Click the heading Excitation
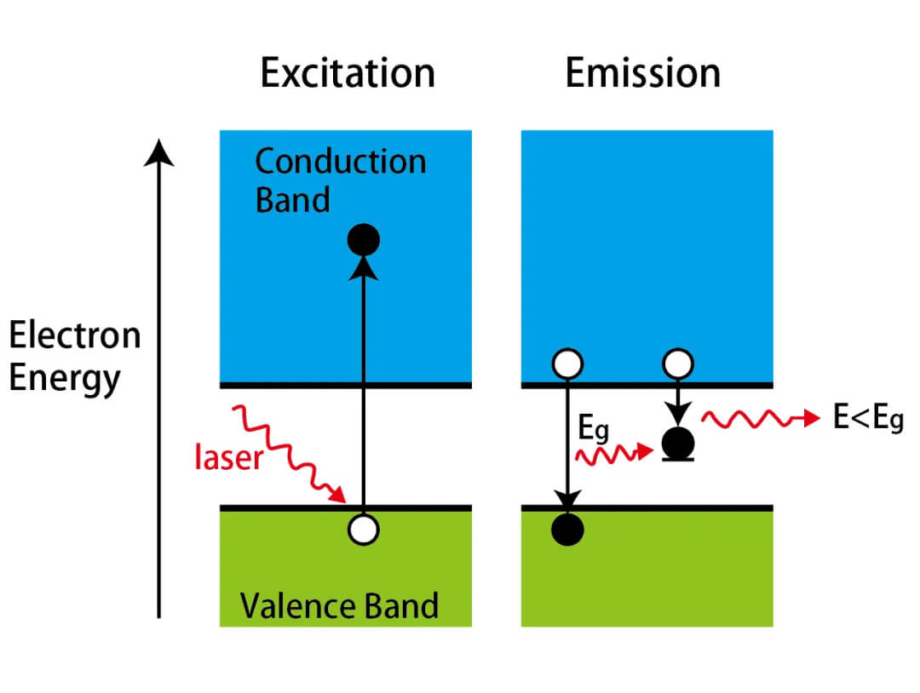pyautogui.click(x=348, y=74)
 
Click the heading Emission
pyautogui.click(x=642, y=74)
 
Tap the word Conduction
pyautogui.click(x=340, y=161)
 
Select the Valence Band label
pyautogui.click(x=339, y=606)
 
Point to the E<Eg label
pyautogui.click(x=867, y=420)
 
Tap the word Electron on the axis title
pyautogui.click(x=74, y=336)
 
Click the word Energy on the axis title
pyautogui.click(x=65, y=376)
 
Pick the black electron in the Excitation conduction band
pyautogui.click(x=364, y=241)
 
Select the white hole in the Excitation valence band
pyautogui.click(x=364, y=530)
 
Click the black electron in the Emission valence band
pyautogui.click(x=567, y=530)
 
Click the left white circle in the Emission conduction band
pyautogui.click(x=567, y=364)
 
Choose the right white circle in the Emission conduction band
pyautogui.click(x=678, y=364)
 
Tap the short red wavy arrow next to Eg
pyautogui.click(x=608, y=455)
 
